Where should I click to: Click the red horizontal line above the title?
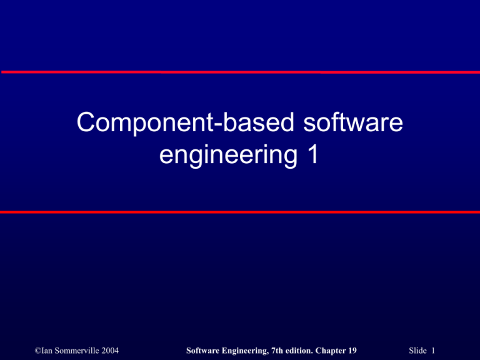240,72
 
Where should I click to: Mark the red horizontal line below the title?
240,212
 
